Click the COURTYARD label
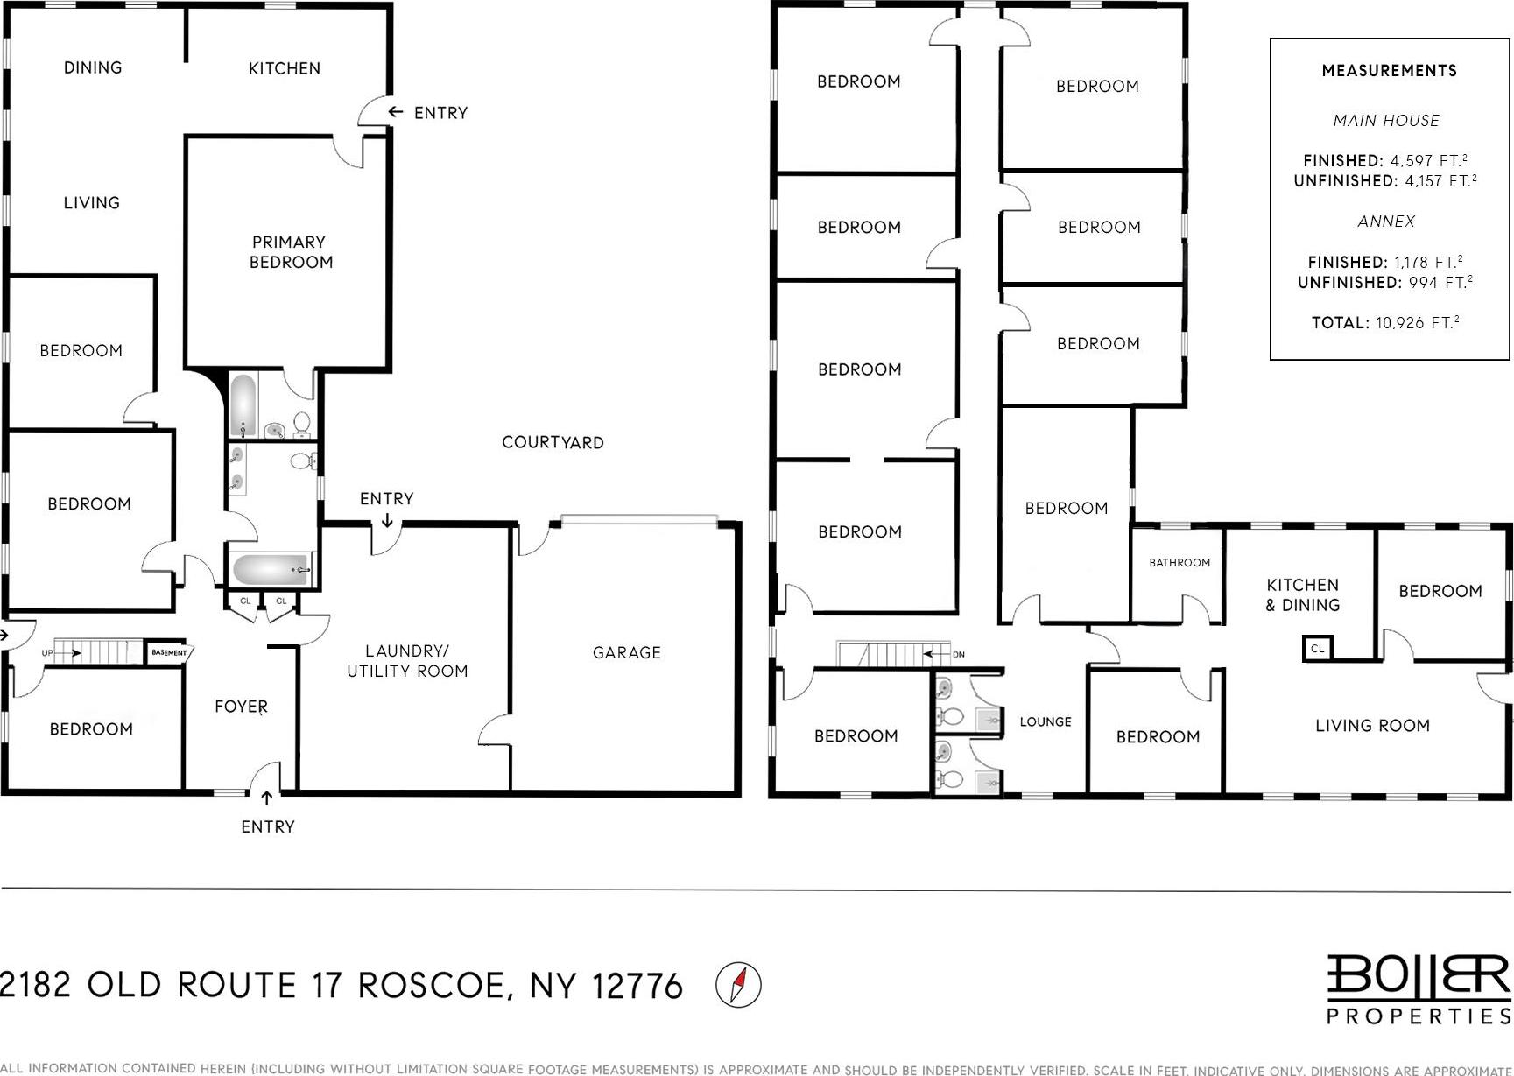point(553,442)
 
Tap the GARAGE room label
point(626,652)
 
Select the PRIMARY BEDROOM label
point(290,252)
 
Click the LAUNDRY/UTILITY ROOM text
point(407,661)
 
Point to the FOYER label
point(241,706)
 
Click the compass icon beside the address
point(738,985)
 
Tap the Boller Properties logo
point(1419,989)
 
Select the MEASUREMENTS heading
point(1389,71)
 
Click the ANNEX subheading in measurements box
point(1386,222)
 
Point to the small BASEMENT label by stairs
point(169,652)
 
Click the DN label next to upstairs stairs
point(958,654)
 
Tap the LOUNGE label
point(1046,721)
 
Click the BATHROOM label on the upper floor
point(1180,563)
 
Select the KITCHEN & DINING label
point(1302,594)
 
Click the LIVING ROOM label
point(1372,725)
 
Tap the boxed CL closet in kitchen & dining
point(1317,649)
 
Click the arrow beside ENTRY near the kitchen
point(396,112)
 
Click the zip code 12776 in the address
point(637,987)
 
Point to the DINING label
point(93,67)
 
